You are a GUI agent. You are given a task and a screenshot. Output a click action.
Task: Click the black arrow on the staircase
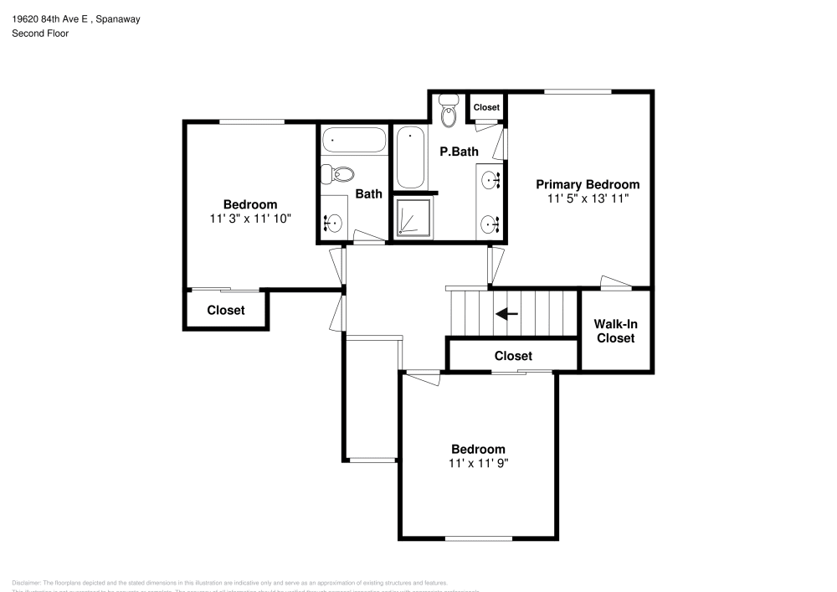click(506, 314)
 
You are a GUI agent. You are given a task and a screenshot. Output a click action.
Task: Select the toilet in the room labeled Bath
click(338, 174)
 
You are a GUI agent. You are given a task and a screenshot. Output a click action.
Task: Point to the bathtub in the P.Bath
click(410, 157)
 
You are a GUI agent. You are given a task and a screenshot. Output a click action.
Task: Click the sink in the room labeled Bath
click(334, 222)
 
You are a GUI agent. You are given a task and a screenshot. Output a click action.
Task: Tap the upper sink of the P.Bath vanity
click(490, 178)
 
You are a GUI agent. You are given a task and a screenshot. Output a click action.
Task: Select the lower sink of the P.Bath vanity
click(490, 224)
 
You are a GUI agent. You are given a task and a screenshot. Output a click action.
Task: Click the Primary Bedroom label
click(588, 184)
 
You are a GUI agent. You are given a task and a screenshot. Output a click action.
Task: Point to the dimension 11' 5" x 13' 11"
click(588, 198)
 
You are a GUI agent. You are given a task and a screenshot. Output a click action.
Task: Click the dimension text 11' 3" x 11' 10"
click(250, 218)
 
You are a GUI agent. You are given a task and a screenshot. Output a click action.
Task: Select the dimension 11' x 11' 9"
click(479, 462)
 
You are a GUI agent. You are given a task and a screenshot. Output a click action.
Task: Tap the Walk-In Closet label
click(614, 331)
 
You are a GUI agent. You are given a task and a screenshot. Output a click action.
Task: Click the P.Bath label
click(459, 152)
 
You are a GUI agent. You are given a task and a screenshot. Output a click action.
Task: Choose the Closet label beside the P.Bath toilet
click(486, 107)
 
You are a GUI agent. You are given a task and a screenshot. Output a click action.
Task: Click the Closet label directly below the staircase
click(513, 356)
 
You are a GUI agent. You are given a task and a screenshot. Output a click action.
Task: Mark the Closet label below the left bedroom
click(226, 310)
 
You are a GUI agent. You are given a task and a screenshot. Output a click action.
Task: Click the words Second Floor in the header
click(40, 33)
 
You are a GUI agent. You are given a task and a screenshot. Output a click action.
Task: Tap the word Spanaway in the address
click(116, 18)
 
